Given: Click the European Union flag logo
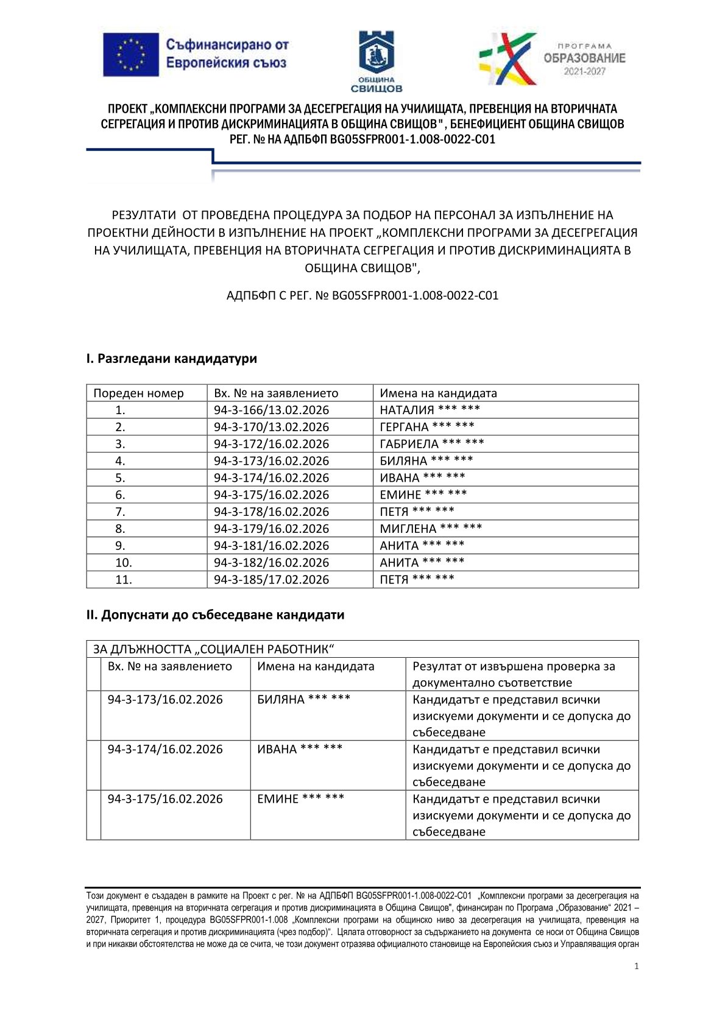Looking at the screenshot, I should (x=131, y=55).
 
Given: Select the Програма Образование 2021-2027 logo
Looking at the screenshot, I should (x=552, y=58).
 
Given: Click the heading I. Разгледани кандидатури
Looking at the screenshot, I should (x=171, y=359).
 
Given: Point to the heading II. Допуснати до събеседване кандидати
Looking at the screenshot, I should (x=215, y=615).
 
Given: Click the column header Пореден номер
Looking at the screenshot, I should (x=138, y=393).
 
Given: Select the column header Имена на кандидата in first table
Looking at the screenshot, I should (x=438, y=393).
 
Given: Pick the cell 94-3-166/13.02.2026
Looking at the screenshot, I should (x=271, y=410).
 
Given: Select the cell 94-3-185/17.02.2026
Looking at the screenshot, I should (x=271, y=580).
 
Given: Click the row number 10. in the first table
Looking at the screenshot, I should (x=124, y=563).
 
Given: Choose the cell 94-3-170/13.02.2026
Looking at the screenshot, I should (x=271, y=427).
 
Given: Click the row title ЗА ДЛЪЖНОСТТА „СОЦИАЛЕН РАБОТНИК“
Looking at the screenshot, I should (x=214, y=649).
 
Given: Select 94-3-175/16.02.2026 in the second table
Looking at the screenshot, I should (x=165, y=799).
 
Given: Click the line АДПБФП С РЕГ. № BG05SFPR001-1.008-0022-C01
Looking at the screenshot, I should (x=362, y=296).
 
